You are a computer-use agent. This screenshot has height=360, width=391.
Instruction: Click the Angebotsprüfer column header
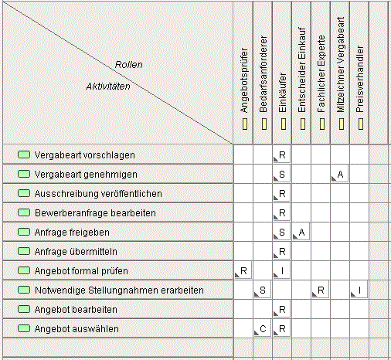click(243, 80)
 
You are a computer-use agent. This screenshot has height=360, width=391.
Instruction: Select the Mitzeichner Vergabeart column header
click(340, 65)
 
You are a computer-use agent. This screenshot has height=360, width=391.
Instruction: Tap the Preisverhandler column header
click(359, 79)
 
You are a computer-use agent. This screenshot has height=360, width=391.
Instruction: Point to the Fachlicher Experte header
click(321, 74)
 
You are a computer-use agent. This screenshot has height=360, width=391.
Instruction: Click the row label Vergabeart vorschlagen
click(84, 155)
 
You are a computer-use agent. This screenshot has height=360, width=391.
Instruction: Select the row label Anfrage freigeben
click(72, 233)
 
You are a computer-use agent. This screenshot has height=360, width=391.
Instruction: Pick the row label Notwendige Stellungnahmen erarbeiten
click(119, 290)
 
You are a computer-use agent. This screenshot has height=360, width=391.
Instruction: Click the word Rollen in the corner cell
click(128, 64)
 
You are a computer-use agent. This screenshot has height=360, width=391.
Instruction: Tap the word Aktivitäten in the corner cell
click(108, 87)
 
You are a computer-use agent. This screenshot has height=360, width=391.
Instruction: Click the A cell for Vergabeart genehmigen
click(340, 175)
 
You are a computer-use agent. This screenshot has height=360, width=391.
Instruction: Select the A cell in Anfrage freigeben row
click(301, 233)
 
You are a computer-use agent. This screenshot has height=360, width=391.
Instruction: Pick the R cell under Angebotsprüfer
click(243, 271)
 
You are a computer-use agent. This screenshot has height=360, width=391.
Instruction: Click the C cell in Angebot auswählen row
click(263, 329)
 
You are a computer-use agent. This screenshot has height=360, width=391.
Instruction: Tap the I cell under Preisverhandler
click(359, 290)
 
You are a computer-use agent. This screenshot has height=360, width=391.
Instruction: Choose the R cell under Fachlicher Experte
click(320, 290)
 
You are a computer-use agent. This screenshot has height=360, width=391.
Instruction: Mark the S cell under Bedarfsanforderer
click(263, 290)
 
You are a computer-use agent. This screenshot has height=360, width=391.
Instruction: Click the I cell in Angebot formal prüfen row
click(282, 271)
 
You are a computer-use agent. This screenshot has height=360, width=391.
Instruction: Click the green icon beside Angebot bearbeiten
click(24, 309)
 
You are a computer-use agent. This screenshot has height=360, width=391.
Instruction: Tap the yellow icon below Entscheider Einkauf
click(303, 124)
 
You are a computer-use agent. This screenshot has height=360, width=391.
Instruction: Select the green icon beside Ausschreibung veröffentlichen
click(24, 193)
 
